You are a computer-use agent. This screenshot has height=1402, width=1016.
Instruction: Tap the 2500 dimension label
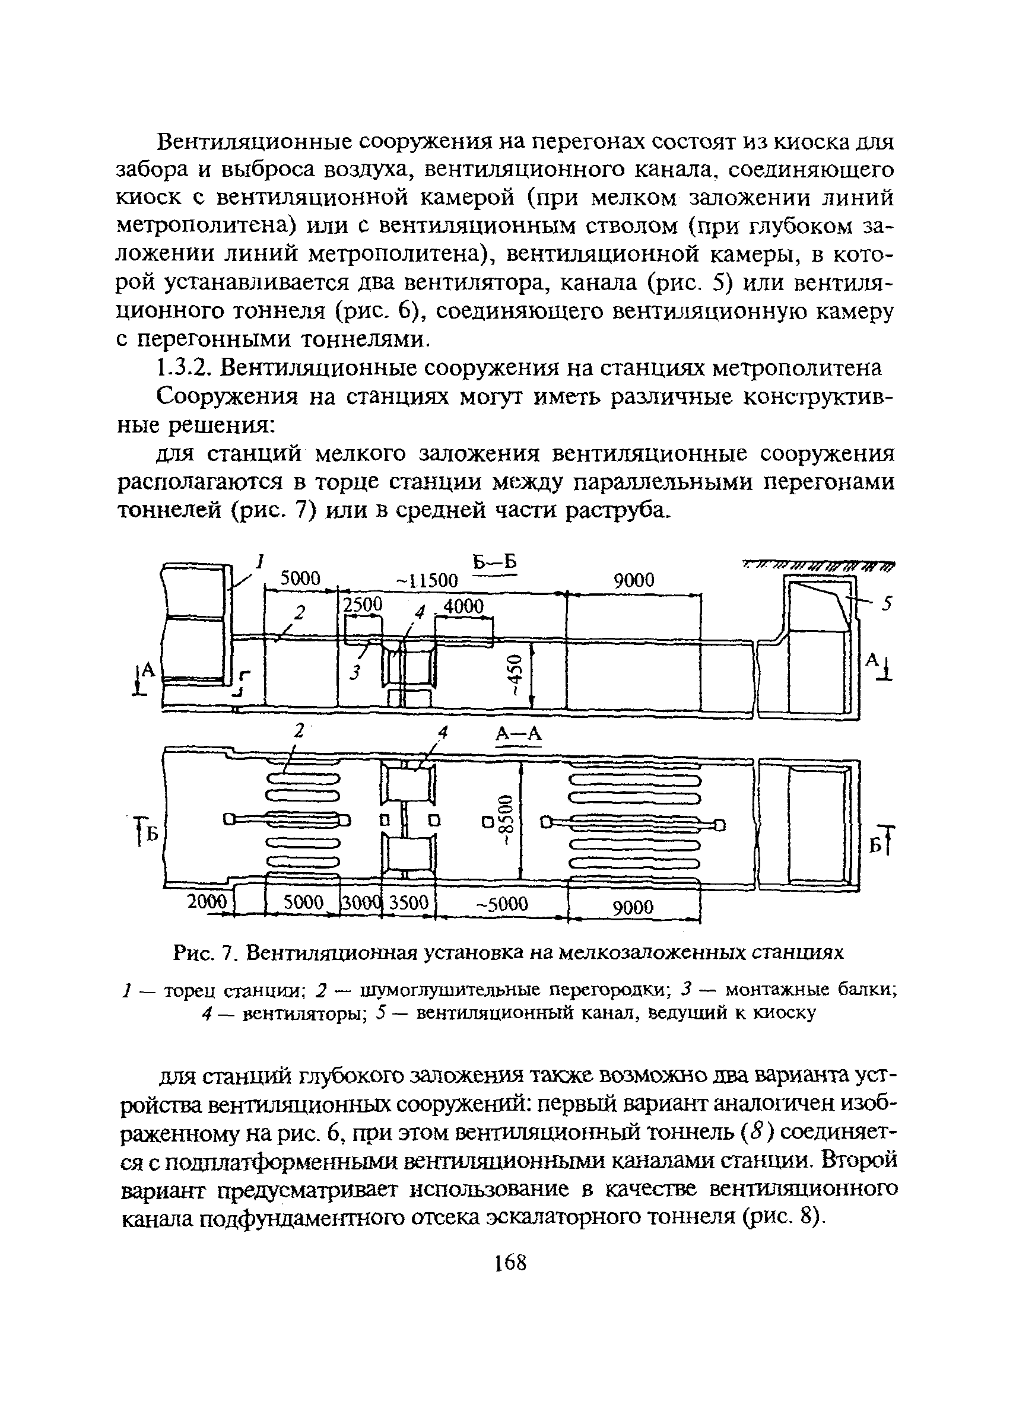363,605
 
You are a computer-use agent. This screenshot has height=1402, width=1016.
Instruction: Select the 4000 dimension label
463,606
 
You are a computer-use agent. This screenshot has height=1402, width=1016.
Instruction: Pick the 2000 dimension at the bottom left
208,902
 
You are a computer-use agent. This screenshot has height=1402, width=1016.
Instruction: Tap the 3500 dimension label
408,903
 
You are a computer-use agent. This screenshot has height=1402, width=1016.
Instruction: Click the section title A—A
518,734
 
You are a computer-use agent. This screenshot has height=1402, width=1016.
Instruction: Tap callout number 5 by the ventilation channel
887,603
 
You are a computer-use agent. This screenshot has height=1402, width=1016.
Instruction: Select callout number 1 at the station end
261,561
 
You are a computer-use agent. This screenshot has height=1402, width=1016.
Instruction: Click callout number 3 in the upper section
354,673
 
